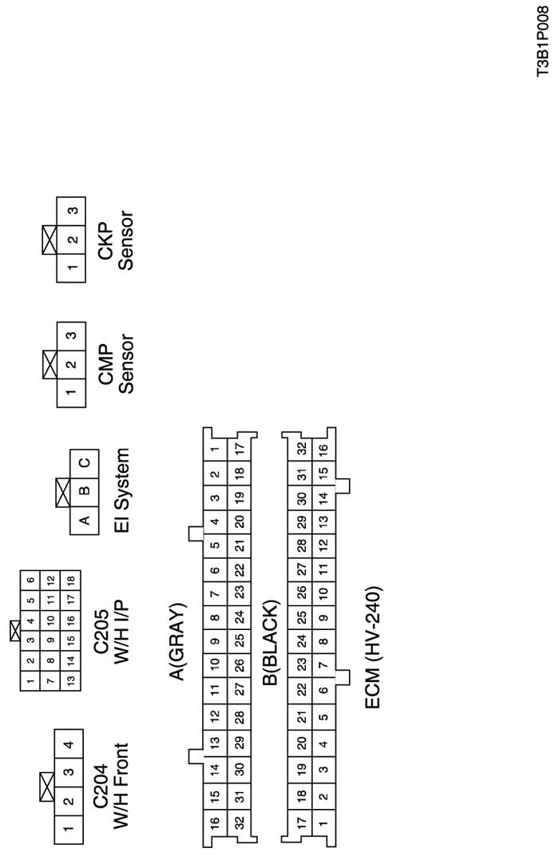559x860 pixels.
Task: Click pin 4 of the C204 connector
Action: [69, 744]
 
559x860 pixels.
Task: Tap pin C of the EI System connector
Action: [85, 463]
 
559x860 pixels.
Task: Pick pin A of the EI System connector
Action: [85, 520]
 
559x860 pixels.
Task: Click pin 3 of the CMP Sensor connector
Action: [71, 336]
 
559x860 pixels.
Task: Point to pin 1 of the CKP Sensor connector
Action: [71, 268]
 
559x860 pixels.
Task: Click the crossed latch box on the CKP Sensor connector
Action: [50, 240]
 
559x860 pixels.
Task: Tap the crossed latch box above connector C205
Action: [15, 631]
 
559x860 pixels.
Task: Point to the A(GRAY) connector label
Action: [178, 642]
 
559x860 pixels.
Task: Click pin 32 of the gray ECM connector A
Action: [240, 822]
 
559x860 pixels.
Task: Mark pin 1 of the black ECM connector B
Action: [323, 822]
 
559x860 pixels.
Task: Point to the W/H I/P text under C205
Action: [121, 632]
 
